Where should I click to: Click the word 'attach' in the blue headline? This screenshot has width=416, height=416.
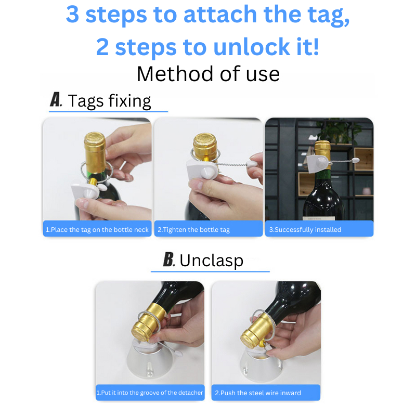(220, 15)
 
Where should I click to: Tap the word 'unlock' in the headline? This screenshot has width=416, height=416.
(252, 47)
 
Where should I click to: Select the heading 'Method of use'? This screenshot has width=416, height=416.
(208, 74)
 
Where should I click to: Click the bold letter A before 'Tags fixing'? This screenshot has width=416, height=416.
(56, 100)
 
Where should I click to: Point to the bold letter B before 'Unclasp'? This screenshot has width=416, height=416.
(168, 259)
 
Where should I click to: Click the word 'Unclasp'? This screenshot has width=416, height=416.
(212, 261)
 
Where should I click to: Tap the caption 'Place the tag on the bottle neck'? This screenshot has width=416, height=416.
(100, 230)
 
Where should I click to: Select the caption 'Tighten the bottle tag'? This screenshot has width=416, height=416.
(197, 230)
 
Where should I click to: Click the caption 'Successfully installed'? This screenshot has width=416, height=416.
(308, 230)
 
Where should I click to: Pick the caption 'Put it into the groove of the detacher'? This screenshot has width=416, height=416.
(152, 393)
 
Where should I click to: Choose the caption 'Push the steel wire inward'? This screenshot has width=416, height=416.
(261, 393)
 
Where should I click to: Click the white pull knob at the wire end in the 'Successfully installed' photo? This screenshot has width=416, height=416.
(356, 160)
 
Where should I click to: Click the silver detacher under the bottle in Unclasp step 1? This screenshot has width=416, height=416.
(150, 362)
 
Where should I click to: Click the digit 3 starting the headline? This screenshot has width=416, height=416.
(72, 14)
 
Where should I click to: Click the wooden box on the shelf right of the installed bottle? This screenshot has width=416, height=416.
(363, 159)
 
